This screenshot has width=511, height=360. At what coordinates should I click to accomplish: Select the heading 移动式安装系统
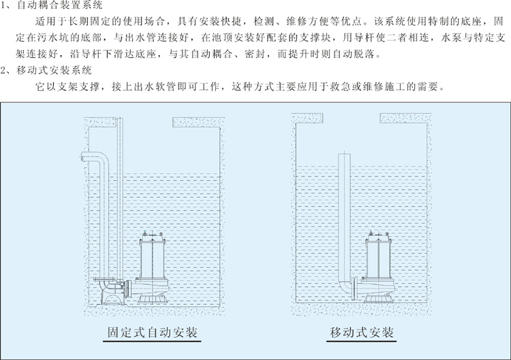pyautogui.click(x=52, y=70)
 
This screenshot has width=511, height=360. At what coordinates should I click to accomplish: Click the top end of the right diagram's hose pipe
pyautogui.click(x=345, y=156)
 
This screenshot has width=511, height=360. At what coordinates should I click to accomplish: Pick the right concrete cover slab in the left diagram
pyautogui.click(x=198, y=122)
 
